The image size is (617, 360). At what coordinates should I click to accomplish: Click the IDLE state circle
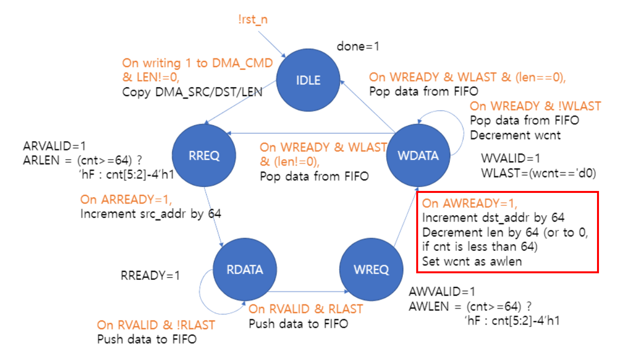click(x=308, y=80)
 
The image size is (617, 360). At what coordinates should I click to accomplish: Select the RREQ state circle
click(x=204, y=155)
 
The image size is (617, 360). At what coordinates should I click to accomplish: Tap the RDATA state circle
click(x=245, y=269)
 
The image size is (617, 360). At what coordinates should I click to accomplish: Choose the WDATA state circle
click(x=417, y=155)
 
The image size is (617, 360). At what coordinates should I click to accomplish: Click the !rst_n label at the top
click(x=253, y=19)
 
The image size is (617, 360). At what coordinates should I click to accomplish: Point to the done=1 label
click(x=358, y=47)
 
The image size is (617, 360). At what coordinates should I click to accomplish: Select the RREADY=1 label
click(x=150, y=275)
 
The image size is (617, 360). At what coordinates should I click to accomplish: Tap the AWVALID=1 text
click(x=442, y=292)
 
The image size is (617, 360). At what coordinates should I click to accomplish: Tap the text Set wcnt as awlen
click(x=472, y=261)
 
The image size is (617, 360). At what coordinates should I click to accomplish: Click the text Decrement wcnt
click(x=515, y=135)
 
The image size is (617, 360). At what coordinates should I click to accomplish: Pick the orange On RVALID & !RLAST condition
click(x=156, y=325)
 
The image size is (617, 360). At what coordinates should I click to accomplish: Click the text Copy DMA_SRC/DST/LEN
click(x=192, y=92)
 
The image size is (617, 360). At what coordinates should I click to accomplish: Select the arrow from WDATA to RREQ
click(x=312, y=133)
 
